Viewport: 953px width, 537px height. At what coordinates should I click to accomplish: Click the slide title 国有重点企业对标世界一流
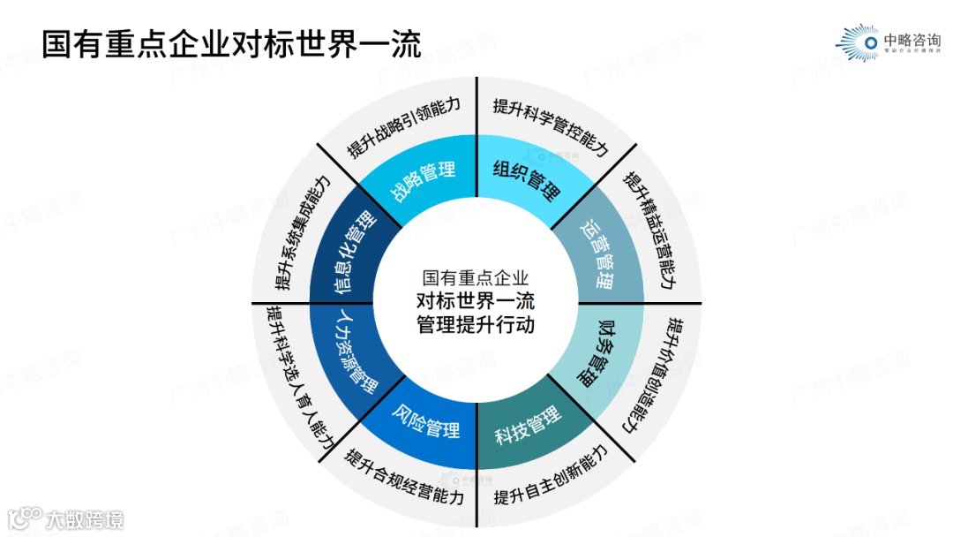click(232, 42)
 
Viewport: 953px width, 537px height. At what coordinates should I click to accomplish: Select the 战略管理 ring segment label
click(424, 179)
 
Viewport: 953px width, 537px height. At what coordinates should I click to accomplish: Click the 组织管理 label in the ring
click(527, 178)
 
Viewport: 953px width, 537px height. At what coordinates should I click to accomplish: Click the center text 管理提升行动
click(476, 324)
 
